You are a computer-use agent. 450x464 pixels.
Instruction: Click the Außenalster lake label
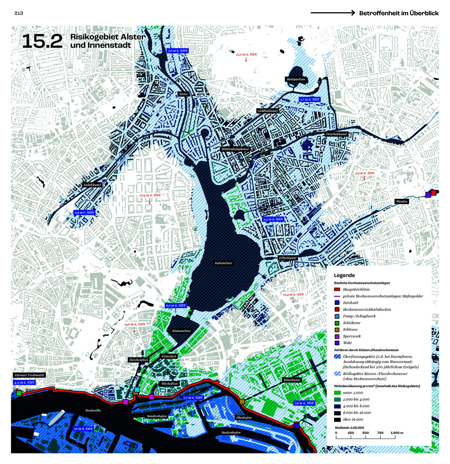point(224,263)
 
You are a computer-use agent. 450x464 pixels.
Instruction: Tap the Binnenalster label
point(182,331)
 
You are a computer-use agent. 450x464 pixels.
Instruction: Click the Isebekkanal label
point(92,185)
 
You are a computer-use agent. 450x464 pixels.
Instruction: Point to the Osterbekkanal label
point(337,134)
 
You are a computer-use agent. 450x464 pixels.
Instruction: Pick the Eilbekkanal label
point(288,258)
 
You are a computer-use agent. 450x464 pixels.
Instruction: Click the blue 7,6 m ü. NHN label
point(83,429)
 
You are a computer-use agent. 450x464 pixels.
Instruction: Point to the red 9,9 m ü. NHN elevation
point(365,173)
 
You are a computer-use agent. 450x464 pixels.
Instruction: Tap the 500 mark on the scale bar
point(365,433)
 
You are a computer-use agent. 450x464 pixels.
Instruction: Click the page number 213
point(18,13)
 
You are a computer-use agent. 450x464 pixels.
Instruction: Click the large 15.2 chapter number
point(41,41)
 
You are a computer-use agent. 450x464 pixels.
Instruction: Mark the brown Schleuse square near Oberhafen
point(242,402)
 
